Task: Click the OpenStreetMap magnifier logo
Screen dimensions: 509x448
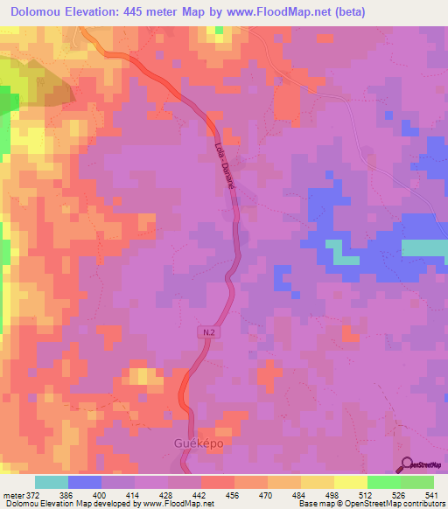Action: tap(407, 465)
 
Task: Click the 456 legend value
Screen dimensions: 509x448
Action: tap(234, 494)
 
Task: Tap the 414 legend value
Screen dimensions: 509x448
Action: tap(134, 494)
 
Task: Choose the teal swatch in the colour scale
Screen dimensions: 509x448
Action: tap(52, 482)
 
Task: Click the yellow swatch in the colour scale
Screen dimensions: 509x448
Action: tap(350, 482)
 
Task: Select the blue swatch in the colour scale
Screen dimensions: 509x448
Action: tap(85, 482)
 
